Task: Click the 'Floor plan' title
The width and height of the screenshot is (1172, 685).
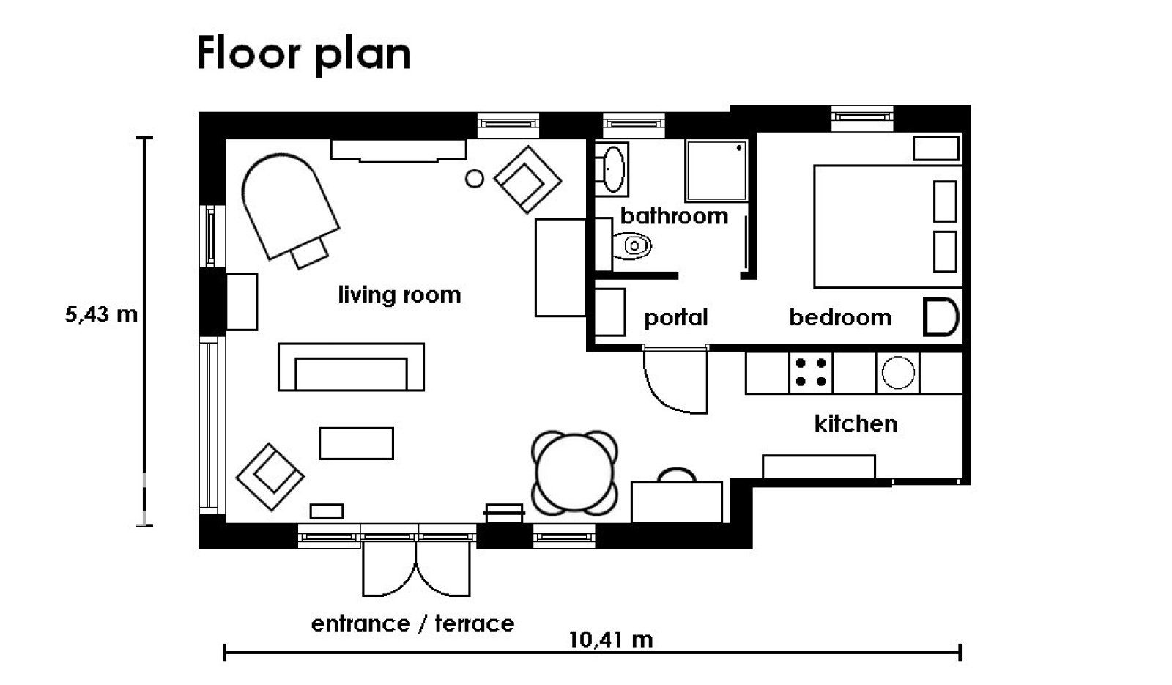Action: pos(303,54)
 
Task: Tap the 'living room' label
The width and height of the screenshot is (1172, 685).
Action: pos(399,295)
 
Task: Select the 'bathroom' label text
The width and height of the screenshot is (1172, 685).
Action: pos(674,215)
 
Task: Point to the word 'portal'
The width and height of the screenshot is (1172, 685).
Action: pos(675,318)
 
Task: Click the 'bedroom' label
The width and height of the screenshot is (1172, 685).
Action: pos(840,317)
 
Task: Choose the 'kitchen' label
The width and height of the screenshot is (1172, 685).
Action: pos(856,423)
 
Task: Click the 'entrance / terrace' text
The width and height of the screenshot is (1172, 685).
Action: pos(413,623)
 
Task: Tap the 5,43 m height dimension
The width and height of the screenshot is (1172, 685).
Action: pos(101,314)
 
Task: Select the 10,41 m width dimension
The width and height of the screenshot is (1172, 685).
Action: pos(611,640)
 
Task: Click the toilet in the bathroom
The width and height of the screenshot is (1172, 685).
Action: pos(631,245)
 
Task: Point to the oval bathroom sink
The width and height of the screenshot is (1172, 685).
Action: pos(613,169)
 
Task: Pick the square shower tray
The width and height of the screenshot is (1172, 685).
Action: pos(716,171)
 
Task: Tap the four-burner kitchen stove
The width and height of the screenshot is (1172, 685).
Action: pos(810,373)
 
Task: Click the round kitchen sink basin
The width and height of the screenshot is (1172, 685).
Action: pos(898,373)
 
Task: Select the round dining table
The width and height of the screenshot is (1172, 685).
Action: pos(574,473)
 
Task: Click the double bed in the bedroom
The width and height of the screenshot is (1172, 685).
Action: pos(888,226)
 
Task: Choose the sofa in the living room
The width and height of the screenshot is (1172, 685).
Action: pos(351,367)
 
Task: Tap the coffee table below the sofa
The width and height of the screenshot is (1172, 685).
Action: pos(356,444)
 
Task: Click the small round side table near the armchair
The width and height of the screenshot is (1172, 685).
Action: pos(475,179)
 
